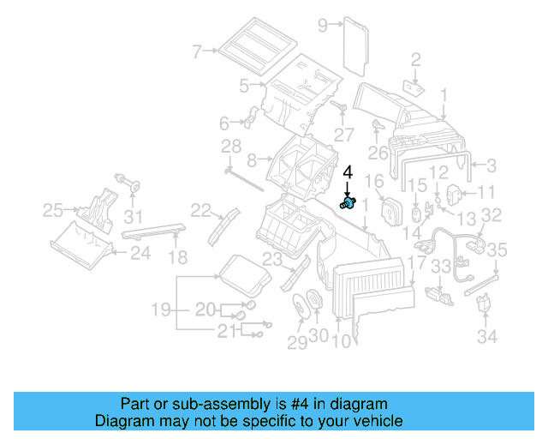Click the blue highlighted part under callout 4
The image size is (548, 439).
[348, 203]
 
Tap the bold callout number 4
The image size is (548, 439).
[348, 173]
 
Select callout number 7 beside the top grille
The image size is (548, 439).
[197, 51]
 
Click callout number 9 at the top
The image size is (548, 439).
[323, 25]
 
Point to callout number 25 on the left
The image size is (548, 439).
[53, 208]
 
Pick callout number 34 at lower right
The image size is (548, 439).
[487, 337]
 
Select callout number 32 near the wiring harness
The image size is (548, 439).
[491, 216]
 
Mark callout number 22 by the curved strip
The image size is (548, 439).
[200, 210]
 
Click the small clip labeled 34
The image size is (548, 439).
[485, 304]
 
